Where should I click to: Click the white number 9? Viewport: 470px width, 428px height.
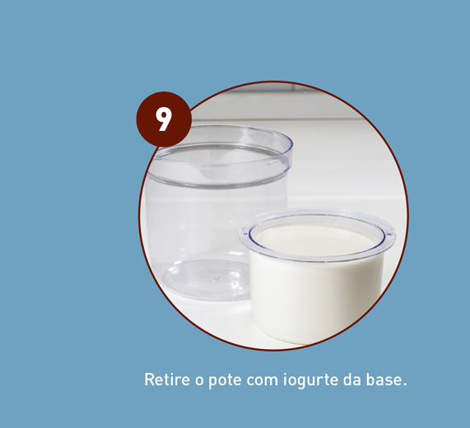coord(164,119)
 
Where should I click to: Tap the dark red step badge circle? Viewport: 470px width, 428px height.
coord(164,119)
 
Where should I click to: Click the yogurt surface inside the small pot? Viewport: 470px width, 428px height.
coord(316,240)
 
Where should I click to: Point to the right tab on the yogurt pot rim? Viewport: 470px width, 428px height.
coord(390,231)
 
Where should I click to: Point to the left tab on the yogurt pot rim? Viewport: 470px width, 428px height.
coord(244,230)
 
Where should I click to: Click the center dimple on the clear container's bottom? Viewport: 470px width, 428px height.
coord(215,279)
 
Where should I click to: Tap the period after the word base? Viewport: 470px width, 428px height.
coord(404,384)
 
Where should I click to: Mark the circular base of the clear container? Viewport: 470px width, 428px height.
coord(207,280)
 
